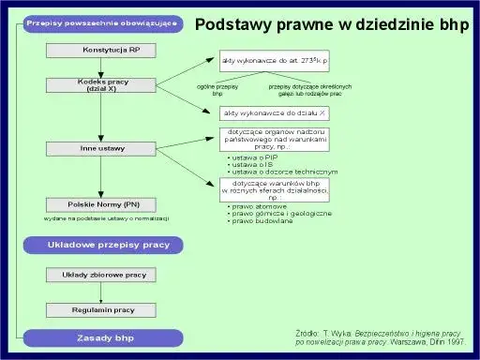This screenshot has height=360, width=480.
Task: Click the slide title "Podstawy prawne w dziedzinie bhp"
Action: (331, 26)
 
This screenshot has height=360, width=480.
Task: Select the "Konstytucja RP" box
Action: (111, 49)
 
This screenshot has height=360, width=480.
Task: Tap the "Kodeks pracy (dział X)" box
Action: (111, 86)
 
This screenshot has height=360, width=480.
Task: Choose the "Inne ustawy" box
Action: (111, 147)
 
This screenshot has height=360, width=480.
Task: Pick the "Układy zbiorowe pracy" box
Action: (111, 276)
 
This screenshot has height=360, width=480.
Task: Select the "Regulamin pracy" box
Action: (111, 308)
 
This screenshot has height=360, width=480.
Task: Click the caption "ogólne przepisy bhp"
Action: (217, 90)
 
